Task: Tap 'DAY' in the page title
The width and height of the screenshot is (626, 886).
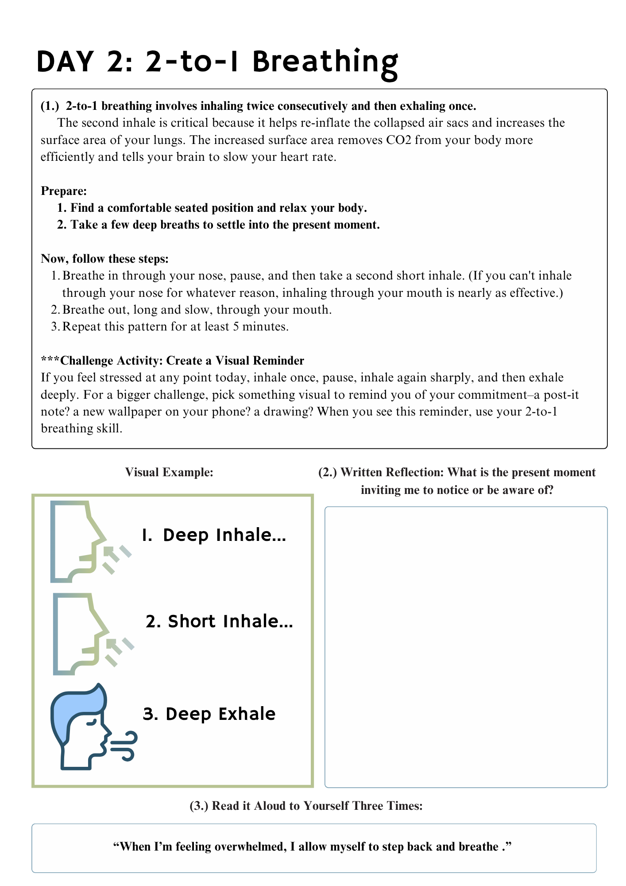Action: [65, 62]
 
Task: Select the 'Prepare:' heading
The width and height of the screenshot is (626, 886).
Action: [64, 191]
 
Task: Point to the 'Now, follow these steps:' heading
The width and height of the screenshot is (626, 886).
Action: [104, 259]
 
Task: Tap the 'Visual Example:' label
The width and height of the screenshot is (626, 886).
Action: [169, 472]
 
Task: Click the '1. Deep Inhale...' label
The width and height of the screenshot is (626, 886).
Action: [214, 535]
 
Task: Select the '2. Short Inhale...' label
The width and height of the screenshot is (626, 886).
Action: [219, 622]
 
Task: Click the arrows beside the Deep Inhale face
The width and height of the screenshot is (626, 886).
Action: [116, 558]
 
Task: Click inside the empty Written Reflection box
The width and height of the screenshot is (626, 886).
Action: [466, 647]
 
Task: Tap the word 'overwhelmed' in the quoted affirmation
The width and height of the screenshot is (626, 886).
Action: [250, 847]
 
